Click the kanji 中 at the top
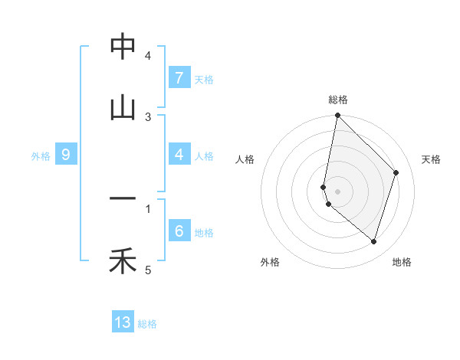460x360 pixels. (123, 47)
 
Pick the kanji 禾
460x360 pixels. (123, 262)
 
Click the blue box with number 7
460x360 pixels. (179, 77)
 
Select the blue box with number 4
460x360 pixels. (179, 155)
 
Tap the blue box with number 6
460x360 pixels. (179, 231)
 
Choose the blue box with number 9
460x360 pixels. (66, 155)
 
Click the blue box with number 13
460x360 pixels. (123, 322)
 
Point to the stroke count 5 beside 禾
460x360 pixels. (148, 270)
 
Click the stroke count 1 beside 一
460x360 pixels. (148, 208)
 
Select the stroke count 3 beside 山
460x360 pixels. (148, 116)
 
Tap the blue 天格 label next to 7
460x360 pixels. (204, 79)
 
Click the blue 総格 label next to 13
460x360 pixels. (147, 324)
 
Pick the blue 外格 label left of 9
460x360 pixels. (41, 156)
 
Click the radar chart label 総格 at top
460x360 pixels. (337, 100)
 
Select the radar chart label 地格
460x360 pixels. (402, 262)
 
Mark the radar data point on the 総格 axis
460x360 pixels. (337, 116)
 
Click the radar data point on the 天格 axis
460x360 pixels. (396, 172)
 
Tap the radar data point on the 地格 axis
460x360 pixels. (373, 241)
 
